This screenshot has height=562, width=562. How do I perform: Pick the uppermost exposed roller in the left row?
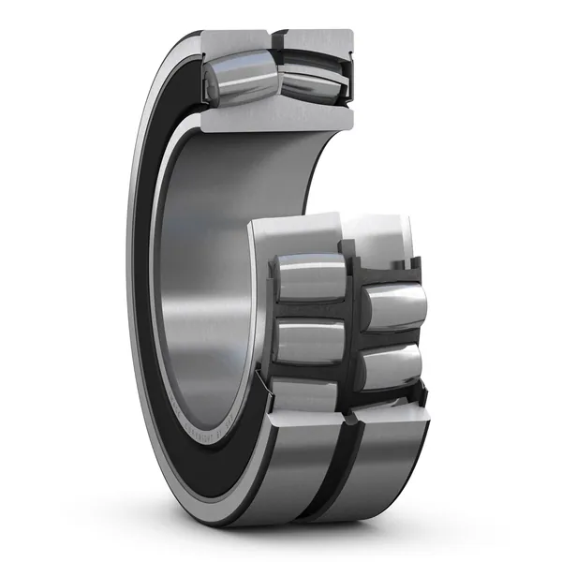309,277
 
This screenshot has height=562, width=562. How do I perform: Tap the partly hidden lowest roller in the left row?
305,394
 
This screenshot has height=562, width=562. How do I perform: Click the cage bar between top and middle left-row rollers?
309,310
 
